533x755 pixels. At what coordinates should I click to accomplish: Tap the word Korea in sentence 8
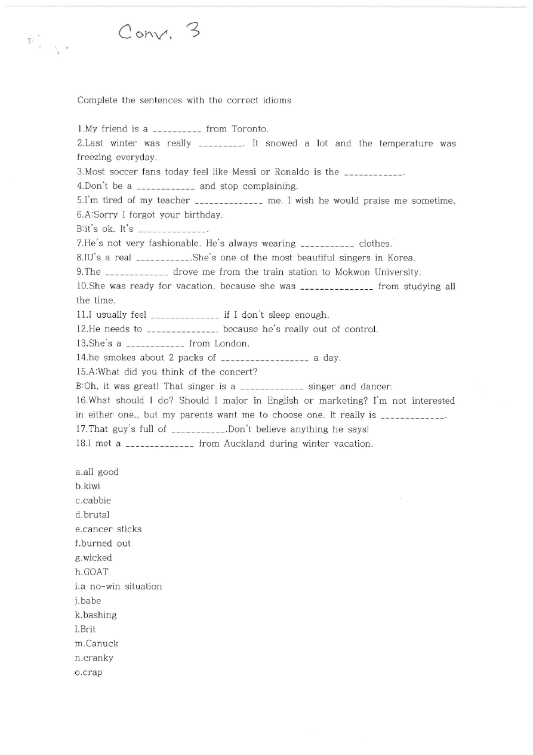[401, 258]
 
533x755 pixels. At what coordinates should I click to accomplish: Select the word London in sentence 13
[232, 343]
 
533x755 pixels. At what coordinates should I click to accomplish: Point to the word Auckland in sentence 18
[244, 444]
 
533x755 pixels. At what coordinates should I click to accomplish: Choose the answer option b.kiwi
[88, 486]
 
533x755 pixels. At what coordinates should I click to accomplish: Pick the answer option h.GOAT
[92, 572]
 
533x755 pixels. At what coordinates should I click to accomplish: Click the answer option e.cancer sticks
[109, 529]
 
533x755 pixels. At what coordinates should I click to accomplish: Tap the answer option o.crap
[89, 673]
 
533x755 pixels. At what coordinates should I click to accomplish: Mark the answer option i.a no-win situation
[119, 587]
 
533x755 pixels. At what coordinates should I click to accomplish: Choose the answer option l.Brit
[85, 630]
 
